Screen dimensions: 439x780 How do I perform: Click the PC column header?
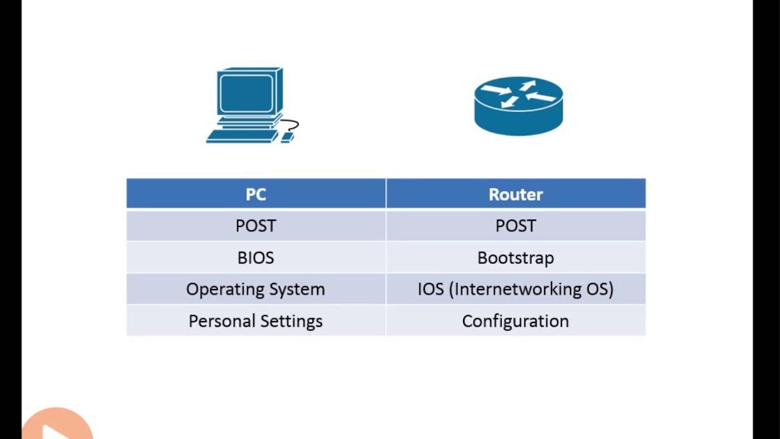pos(255,195)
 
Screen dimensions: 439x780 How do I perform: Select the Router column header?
pos(516,195)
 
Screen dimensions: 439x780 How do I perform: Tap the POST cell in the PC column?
pos(255,226)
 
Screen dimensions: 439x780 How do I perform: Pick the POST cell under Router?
pos(516,226)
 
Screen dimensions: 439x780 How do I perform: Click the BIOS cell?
pos(255,258)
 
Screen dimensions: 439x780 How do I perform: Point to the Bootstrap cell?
pos(516,258)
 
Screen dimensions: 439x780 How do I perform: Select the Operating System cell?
pos(255,290)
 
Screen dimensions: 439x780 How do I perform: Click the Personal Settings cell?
pos(255,321)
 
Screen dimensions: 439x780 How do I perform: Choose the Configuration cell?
pos(516,321)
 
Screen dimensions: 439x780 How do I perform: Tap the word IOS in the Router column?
pos(430,290)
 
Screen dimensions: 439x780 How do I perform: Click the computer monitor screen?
pos(246,93)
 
